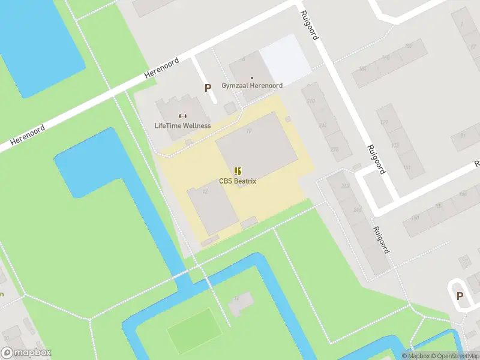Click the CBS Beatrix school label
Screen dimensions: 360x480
pos(238,181)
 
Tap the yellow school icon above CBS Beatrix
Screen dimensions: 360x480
pos(238,171)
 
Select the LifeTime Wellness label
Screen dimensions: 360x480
pos(182,125)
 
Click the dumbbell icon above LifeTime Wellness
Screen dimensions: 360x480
pos(182,116)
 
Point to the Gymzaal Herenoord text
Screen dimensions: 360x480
pos(252,86)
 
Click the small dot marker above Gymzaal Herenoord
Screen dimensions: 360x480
pos(252,77)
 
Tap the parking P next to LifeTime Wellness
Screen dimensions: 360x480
pos(208,88)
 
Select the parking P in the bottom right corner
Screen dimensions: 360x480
pos(460,296)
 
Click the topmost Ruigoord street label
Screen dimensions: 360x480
pos(310,25)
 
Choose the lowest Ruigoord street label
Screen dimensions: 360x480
pos(380,239)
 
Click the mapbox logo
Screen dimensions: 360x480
pos(26,353)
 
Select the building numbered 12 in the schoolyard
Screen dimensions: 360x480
pos(213,210)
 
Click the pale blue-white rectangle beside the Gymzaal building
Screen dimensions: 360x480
pos(284,59)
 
